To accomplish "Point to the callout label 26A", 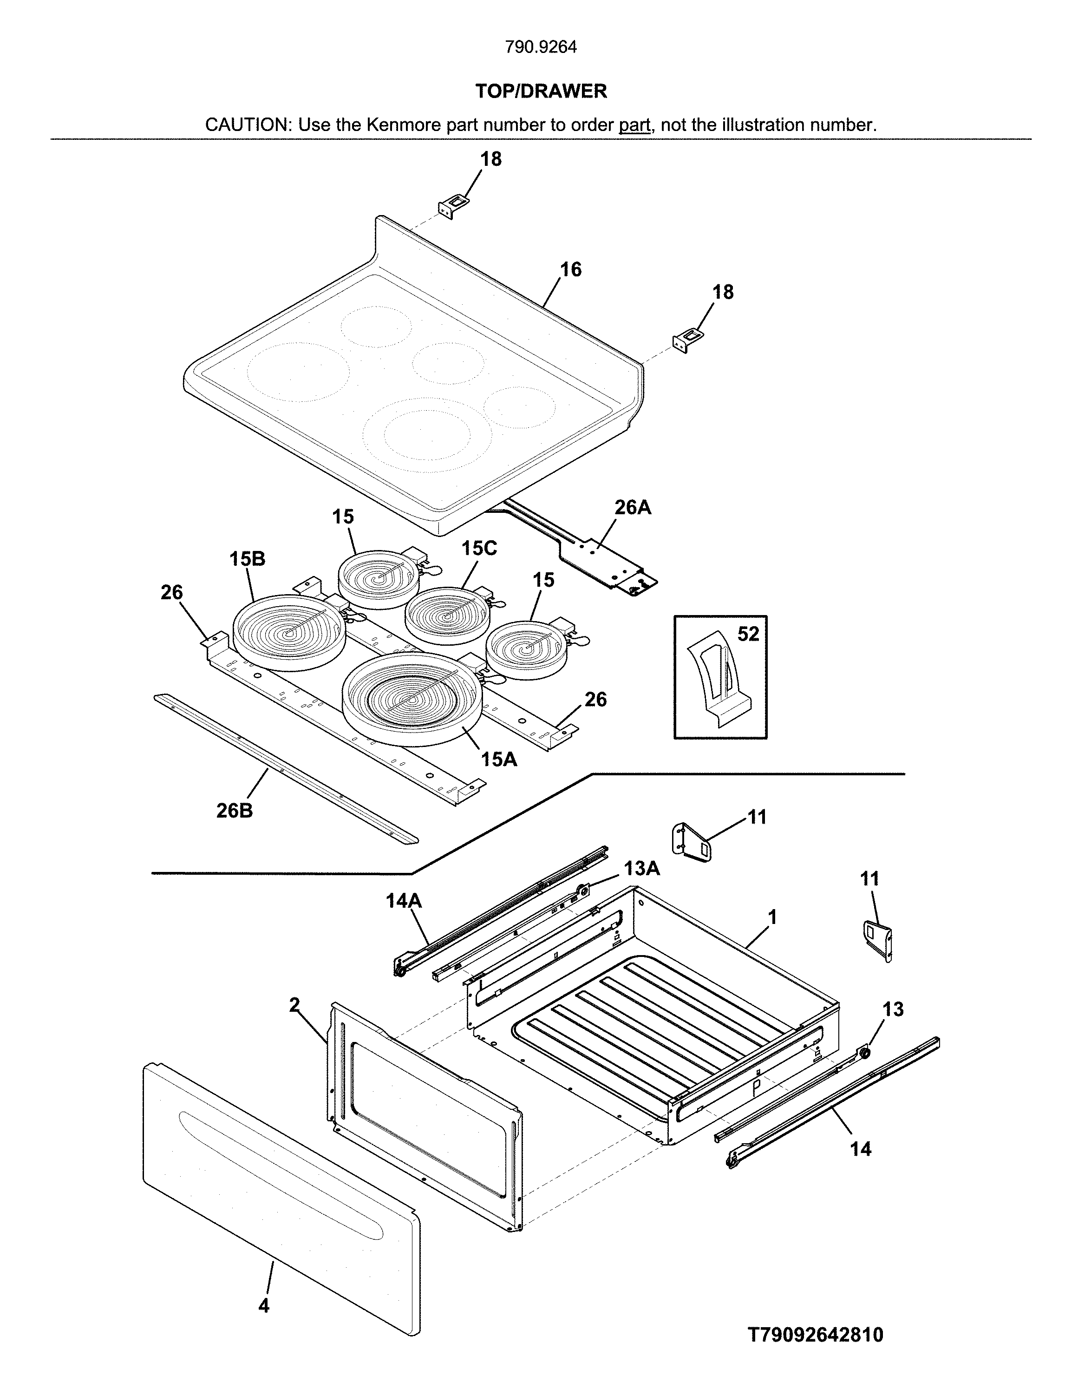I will coord(633,507).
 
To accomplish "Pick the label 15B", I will coord(247,559).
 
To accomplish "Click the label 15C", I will coord(479,548).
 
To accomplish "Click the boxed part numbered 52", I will coord(720,677).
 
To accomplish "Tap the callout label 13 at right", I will coord(893,1009).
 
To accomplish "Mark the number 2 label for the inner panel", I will coord(294,1005).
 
